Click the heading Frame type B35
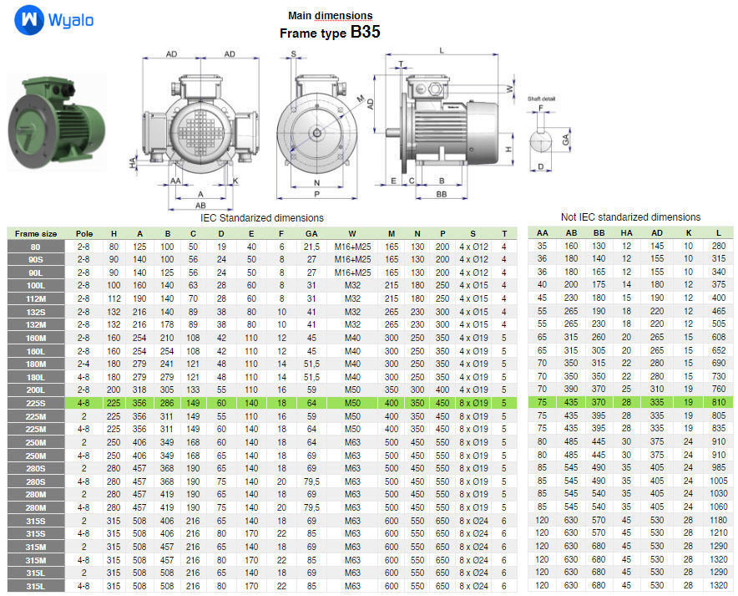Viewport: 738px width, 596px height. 330,33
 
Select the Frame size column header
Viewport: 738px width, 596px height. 36,233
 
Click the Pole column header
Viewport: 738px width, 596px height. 84,233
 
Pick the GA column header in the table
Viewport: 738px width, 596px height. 311,233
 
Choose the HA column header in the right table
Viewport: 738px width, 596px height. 627,233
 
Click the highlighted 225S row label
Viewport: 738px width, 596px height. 36,403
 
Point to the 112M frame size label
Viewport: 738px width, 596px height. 36,298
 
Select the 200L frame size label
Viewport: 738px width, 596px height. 36,390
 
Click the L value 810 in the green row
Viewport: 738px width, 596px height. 718,403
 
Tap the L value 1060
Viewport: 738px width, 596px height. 718,507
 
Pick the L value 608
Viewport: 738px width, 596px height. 718,338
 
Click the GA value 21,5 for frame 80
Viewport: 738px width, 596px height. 311,247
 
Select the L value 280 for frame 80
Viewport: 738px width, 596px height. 718,246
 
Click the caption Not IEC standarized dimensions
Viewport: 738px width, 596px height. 630,217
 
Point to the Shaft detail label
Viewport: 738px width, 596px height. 541,99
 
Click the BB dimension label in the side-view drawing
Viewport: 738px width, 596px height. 441,193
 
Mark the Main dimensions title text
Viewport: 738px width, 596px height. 330,16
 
